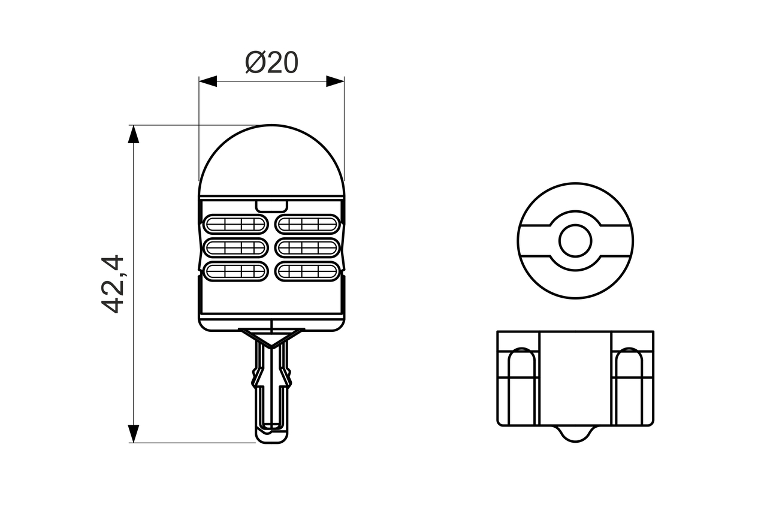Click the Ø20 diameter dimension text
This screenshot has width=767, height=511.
pyautogui.click(x=271, y=62)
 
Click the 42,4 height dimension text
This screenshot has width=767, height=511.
pyautogui.click(x=112, y=284)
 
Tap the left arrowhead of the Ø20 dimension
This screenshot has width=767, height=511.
pyautogui.click(x=207, y=81)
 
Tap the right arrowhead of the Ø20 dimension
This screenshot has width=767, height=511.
pyautogui.click(x=336, y=81)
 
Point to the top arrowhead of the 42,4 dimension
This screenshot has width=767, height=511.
pyautogui.click(x=134, y=134)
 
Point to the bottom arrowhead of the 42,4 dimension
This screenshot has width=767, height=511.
pyautogui.click(x=134, y=434)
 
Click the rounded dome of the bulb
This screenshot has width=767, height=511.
pyautogui.click(x=271, y=159)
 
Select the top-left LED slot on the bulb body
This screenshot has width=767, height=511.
pyautogui.click(x=235, y=225)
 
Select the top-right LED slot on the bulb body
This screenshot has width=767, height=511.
pyautogui.click(x=307, y=225)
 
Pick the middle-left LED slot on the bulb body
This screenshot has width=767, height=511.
pyautogui.click(x=235, y=247)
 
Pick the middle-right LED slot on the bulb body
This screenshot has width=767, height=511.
pyautogui.click(x=307, y=247)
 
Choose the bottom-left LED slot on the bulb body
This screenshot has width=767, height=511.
pyautogui.click(x=235, y=271)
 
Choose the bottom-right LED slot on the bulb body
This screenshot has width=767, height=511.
pyautogui.click(x=307, y=271)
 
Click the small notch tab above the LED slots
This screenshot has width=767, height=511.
pyautogui.click(x=271, y=205)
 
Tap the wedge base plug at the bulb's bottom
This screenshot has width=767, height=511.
pyautogui.click(x=272, y=389)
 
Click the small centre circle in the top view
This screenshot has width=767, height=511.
pyautogui.click(x=575, y=241)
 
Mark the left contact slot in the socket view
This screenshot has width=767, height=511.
pyautogui.click(x=521, y=386)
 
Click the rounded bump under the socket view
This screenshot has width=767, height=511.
pyautogui.click(x=575, y=434)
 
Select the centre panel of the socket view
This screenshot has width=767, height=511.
pyautogui.click(x=575, y=377)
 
